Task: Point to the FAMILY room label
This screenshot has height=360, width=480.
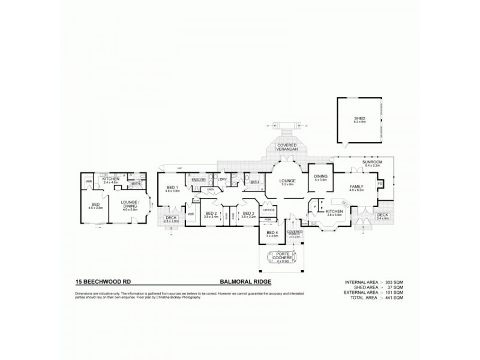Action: point(356,187)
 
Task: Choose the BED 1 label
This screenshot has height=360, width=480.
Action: point(172,188)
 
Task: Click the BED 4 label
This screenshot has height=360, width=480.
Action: point(272,233)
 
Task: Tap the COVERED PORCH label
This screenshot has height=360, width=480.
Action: point(294,233)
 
